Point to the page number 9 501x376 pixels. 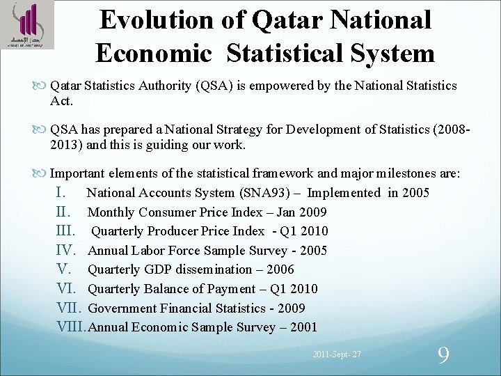(443, 355)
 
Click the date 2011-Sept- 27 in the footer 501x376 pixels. (337, 356)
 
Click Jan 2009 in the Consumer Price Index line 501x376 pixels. (301, 212)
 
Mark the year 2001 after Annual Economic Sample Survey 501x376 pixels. (303, 327)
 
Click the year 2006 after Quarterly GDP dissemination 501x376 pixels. (280, 269)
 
